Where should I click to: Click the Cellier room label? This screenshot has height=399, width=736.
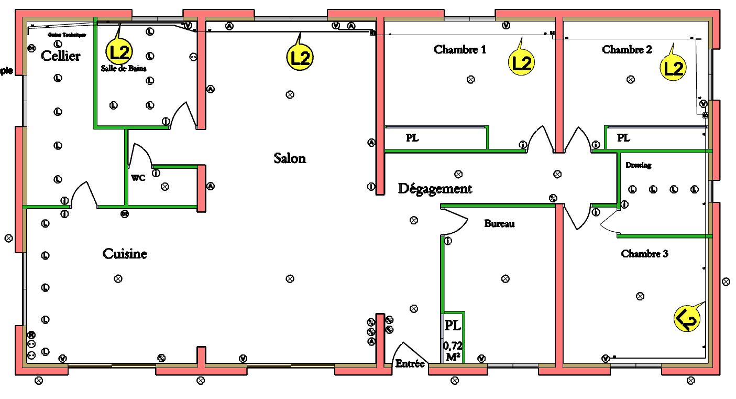tap(61, 56)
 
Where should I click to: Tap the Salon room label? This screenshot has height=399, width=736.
tap(290, 158)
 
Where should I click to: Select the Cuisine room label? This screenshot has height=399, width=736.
tap(125, 254)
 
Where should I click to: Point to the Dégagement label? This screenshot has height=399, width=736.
tap(435, 189)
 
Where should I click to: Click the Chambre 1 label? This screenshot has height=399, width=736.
tap(460, 50)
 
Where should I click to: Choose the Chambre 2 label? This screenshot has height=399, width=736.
tap(627, 50)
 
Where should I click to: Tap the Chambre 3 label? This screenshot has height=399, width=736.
tap(644, 254)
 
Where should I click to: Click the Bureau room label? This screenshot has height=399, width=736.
tap(499, 224)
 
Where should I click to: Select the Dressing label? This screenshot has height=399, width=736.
tap(638, 165)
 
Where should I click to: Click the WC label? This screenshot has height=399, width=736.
tap(138, 178)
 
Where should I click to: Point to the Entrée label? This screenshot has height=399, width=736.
tap(410, 363)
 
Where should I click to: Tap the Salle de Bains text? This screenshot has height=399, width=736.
tap(124, 69)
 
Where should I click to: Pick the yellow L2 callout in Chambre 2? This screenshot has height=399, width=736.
tap(673, 68)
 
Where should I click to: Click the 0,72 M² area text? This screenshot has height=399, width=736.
tap(453, 351)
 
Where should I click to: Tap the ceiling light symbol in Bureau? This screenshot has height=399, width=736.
tap(505, 278)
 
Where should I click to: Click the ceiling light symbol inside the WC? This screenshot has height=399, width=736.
tap(165, 186)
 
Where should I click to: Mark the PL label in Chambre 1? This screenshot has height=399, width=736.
tap(412, 138)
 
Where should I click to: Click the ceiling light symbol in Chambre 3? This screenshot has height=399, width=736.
tap(640, 296)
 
